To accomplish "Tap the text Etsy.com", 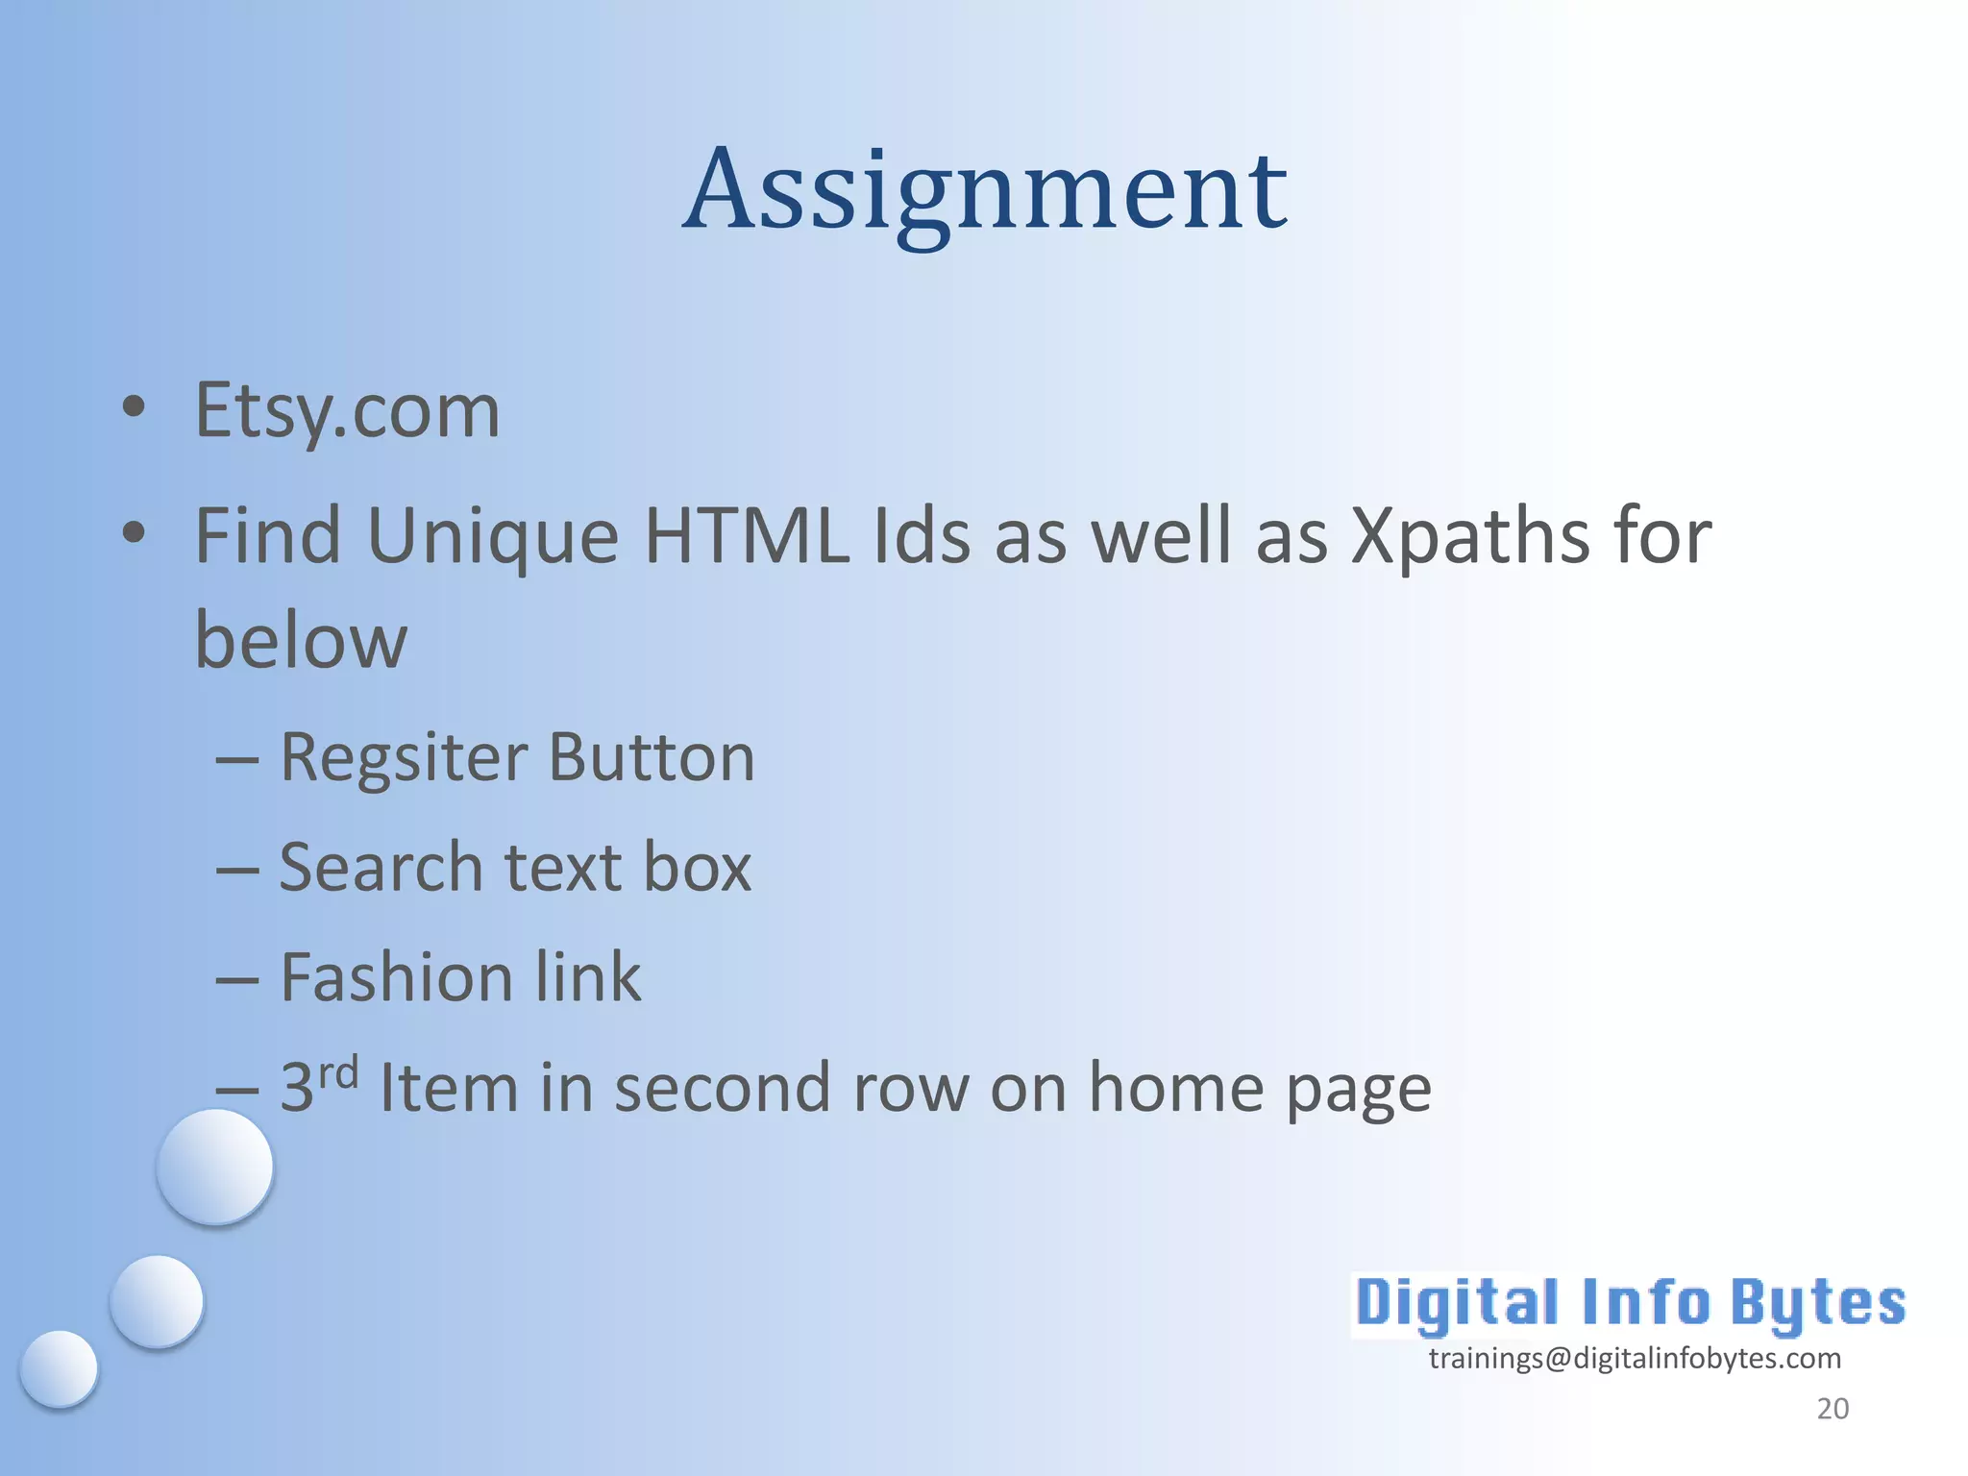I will coord(347,411).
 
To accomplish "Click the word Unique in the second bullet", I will coord(492,536).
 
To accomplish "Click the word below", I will coord(301,642).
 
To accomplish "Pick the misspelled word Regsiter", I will coord(404,759).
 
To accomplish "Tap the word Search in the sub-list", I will coord(381,868).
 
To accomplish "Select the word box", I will coord(697,868).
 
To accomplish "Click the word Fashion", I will coord(394,978).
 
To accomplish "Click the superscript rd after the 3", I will coord(338,1070).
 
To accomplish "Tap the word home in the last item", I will coord(1176,1089).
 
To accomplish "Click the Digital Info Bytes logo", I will coord(1630,1304).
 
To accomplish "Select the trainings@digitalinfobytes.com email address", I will coord(1635,1359).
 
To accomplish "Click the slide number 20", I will coord(1833,1409).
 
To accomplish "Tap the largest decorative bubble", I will coord(215,1167).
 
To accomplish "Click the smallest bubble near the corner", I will coord(60,1368).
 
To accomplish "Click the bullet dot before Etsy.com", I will coord(134,407).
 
